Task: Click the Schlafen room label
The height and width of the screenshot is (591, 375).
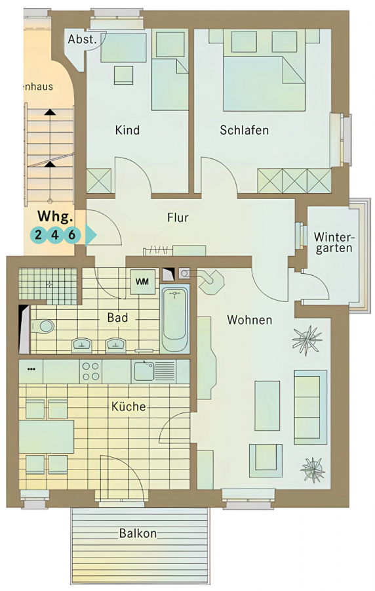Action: pos(244,131)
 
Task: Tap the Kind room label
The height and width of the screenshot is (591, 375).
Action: pos(127,131)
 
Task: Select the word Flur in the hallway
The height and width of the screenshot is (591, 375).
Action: pos(178,217)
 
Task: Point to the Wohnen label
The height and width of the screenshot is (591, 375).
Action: pos(250,320)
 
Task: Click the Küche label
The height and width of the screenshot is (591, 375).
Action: pos(128,406)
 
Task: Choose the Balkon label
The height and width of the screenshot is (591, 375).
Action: pos(138,533)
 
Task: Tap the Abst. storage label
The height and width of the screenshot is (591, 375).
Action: pos(83,39)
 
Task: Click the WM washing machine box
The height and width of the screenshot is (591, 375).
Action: pos(142,282)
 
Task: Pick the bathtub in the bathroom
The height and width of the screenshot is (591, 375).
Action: pos(174,319)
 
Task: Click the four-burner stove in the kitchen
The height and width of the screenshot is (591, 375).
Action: pos(90,371)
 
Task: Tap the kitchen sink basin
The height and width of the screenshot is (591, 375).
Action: pos(144,371)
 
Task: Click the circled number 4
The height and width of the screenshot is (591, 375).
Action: pos(55,235)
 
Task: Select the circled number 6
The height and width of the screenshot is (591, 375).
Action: pos(72,235)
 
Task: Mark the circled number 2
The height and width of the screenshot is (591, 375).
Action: pos(39,235)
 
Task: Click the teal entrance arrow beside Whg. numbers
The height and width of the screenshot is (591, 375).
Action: pos(90,235)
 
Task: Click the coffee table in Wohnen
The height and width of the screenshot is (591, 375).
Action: pos(267,406)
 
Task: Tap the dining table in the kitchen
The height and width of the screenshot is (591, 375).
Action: pos(47,437)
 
